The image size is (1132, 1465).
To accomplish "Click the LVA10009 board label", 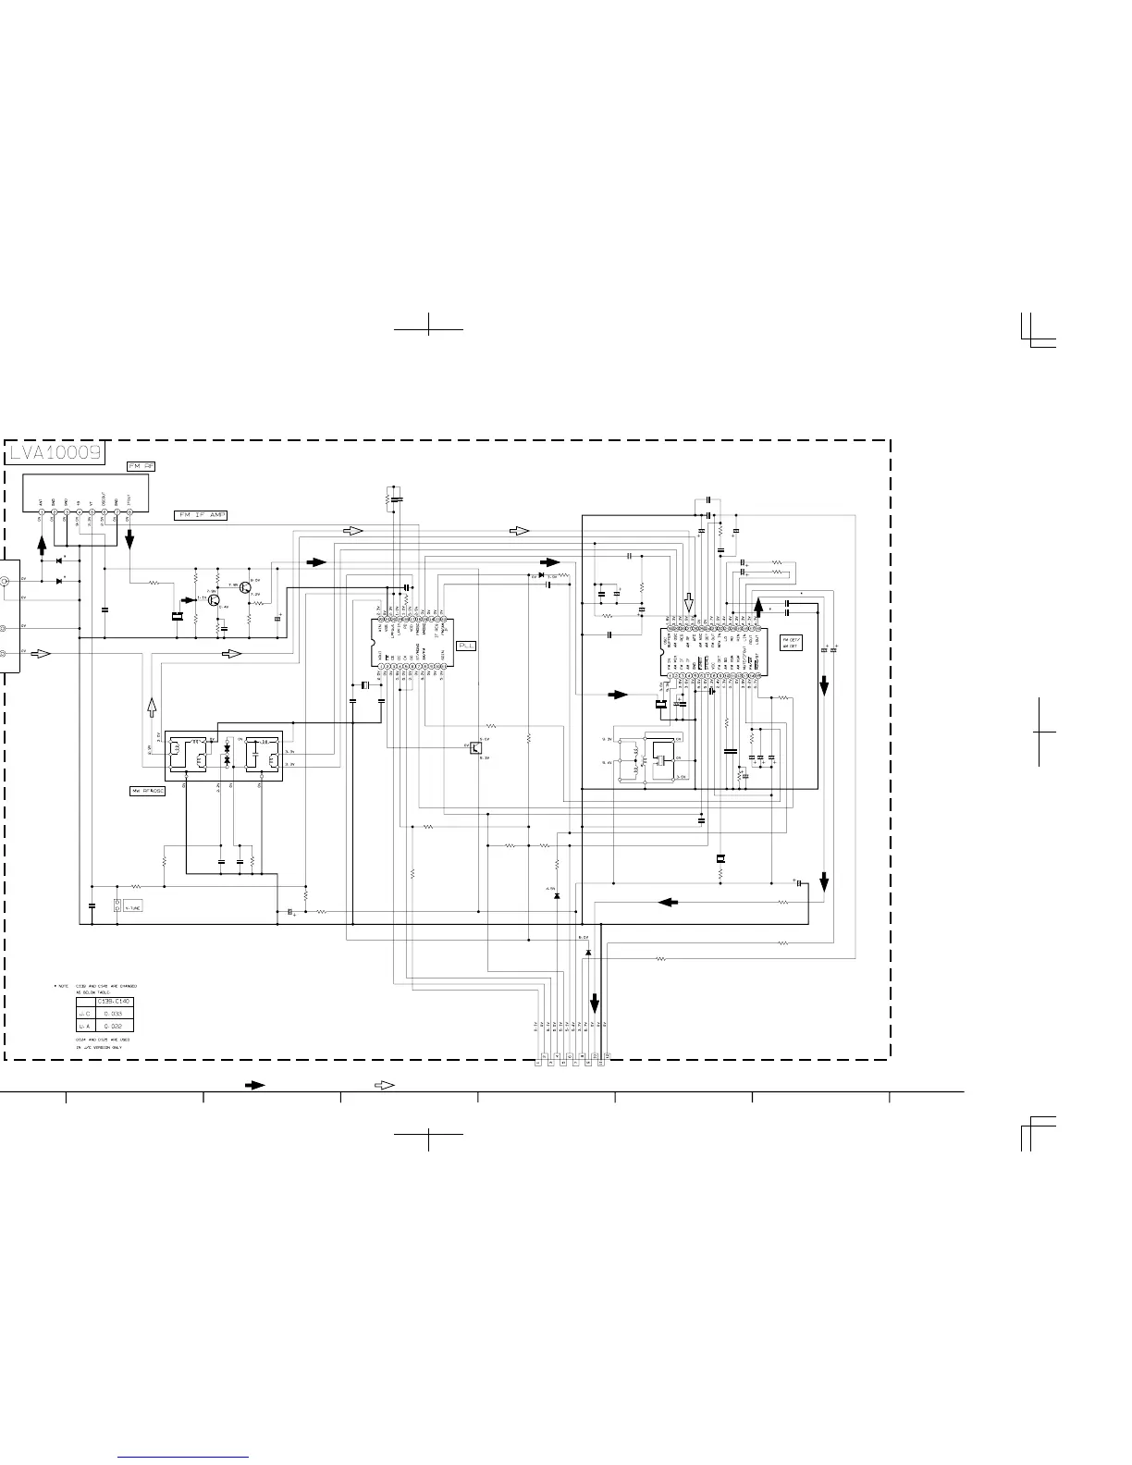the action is click(x=55, y=453).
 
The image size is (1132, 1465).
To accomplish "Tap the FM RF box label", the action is click(x=141, y=466).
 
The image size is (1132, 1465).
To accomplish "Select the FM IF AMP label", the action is click(x=200, y=515).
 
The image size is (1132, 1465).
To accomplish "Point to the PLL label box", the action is click(x=467, y=646).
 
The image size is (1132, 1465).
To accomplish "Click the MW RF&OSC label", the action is click(x=147, y=792).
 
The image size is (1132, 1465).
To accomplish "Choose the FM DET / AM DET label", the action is click(x=790, y=643).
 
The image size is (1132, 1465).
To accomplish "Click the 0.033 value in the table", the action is click(x=115, y=1015).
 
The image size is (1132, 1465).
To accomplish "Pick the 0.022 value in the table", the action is click(x=115, y=1027).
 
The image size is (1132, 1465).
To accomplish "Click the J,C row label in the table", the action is click(x=83, y=1015).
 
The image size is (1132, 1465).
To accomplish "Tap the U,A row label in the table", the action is click(x=83, y=1027).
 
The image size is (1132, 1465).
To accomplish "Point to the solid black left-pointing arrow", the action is click(x=669, y=901).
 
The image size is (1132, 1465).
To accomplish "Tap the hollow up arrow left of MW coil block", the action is click(x=153, y=708).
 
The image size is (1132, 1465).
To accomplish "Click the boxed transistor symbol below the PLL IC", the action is click(x=474, y=747).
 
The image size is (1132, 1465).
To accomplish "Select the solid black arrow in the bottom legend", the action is click(x=255, y=1084).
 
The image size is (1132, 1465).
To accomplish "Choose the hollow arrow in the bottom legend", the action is click(x=384, y=1084).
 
